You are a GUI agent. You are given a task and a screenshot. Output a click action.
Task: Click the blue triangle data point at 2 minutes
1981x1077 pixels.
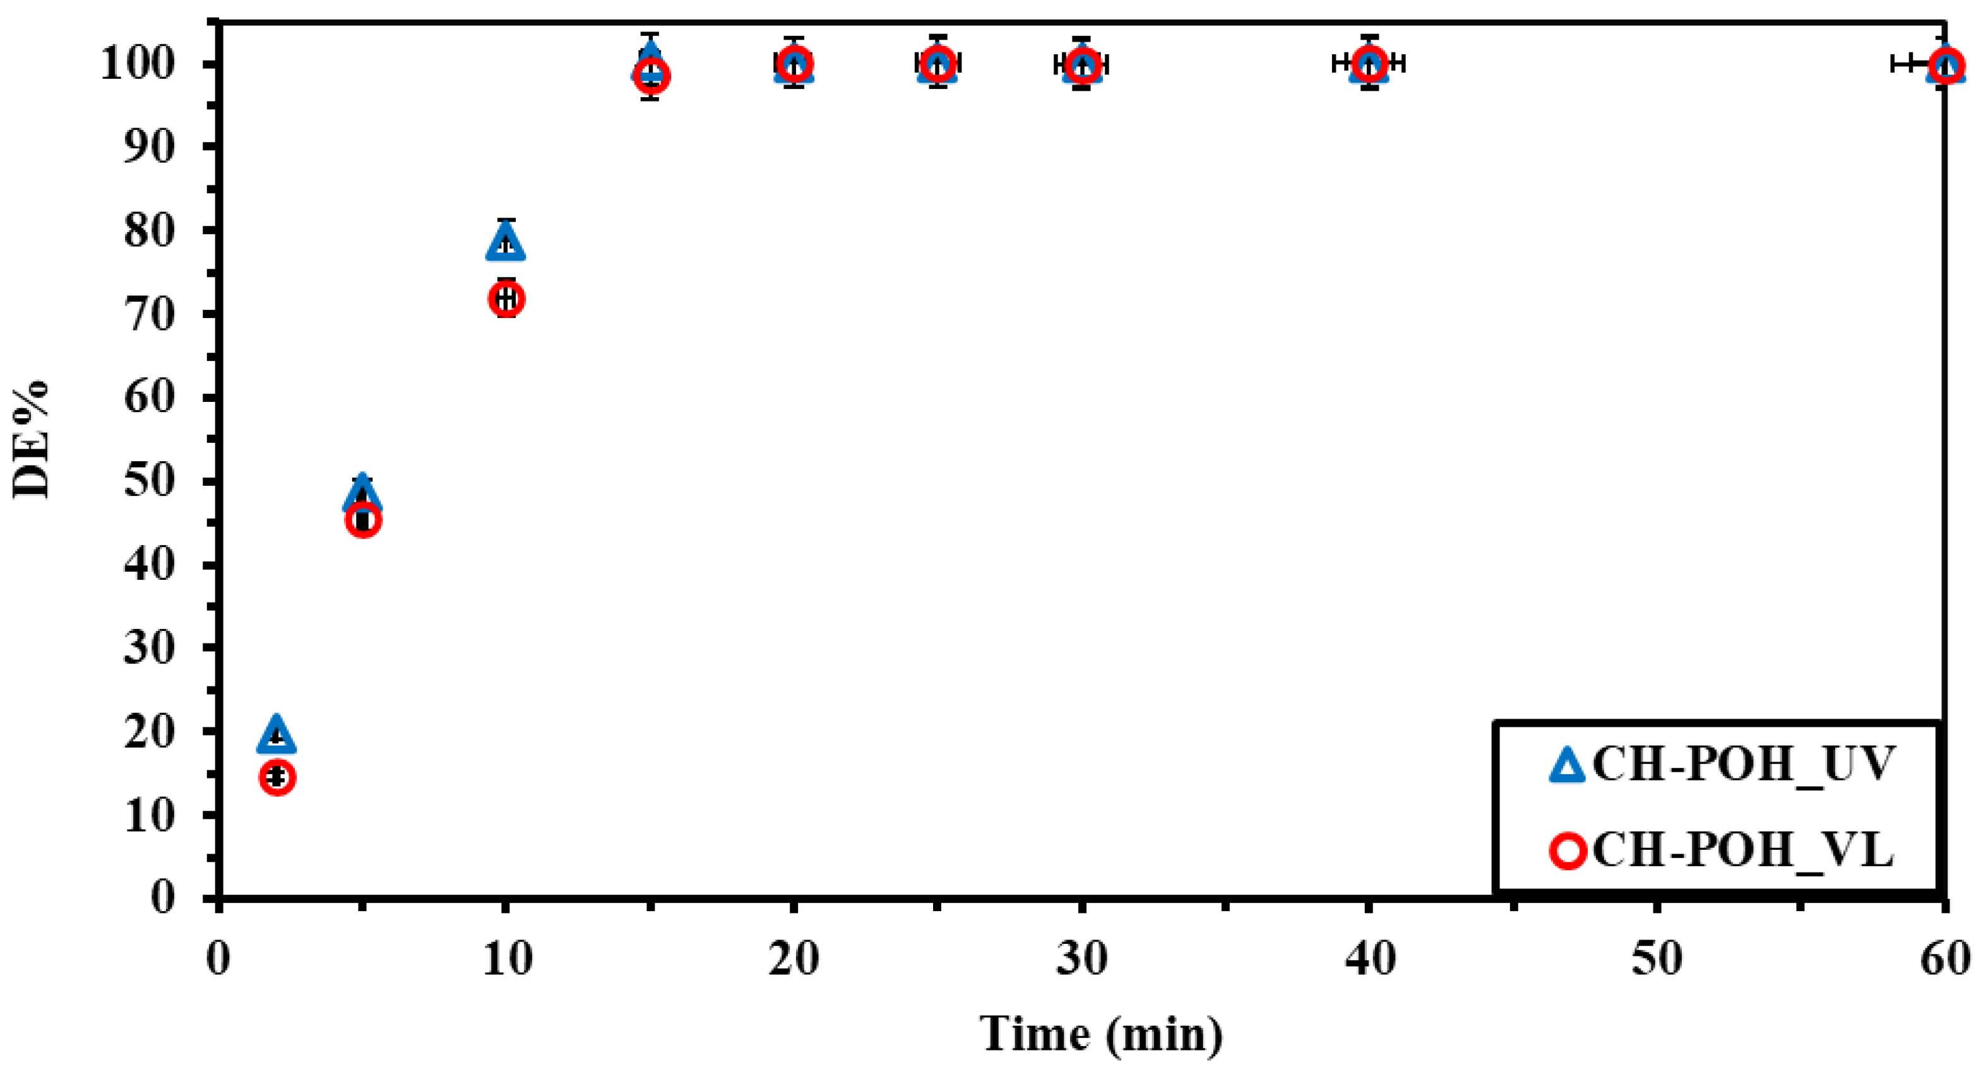(x=277, y=735)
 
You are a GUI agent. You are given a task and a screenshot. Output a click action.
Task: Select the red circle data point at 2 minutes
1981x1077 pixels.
(x=278, y=777)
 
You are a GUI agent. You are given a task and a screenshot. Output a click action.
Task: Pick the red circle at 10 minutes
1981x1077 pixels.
(x=506, y=298)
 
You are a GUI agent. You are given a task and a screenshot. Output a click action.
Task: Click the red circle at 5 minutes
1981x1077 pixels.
(x=364, y=521)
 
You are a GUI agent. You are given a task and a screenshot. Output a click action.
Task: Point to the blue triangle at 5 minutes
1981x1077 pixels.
(x=363, y=493)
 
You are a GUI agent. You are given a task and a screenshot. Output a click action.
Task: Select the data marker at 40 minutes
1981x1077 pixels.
(x=1369, y=64)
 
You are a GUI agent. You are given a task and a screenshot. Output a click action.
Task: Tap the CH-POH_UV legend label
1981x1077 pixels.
(x=1742, y=764)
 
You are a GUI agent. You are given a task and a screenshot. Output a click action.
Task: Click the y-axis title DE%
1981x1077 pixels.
(x=32, y=440)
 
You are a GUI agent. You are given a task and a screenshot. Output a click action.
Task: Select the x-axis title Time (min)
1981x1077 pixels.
(x=1100, y=1033)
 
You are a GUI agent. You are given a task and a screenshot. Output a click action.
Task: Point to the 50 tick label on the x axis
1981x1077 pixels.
(x=1657, y=960)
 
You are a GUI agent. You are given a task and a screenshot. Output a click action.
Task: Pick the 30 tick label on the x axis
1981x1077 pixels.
(x=1081, y=960)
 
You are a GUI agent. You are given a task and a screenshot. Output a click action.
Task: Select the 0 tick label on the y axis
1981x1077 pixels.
(x=163, y=897)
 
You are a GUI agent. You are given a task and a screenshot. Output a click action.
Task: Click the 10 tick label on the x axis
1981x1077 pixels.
(x=507, y=960)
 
